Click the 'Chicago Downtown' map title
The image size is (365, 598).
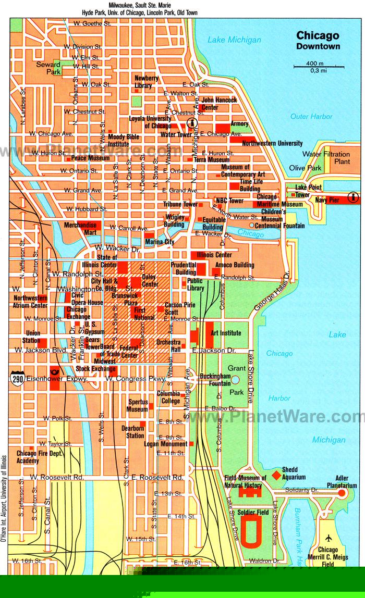318,41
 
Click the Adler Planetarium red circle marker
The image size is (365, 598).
342,492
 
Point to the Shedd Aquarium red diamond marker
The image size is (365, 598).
276,475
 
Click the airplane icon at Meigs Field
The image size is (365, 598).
328,539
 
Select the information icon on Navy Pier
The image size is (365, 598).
354,197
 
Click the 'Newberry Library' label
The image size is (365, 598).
147,82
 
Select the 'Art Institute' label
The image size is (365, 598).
226,333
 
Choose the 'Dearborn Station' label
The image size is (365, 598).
132,432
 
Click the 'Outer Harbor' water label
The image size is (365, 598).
311,117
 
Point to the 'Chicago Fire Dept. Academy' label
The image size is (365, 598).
34,457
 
